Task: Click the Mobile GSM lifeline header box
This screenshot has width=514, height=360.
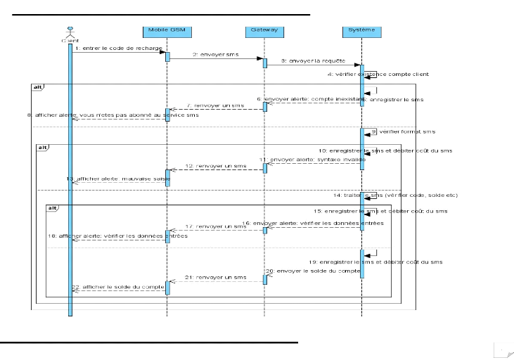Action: (x=167, y=31)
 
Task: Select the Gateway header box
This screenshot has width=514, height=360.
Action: (x=264, y=31)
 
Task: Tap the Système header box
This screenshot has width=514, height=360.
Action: (x=361, y=31)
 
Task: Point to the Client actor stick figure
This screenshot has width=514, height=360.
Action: (x=70, y=31)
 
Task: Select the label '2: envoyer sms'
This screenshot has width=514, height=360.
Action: (x=216, y=54)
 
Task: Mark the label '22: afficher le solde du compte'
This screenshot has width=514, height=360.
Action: (x=114, y=287)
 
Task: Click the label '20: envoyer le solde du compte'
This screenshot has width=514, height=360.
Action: (x=313, y=271)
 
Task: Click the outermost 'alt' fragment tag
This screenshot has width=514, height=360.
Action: (x=38, y=87)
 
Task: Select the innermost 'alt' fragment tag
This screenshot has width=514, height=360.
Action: (x=52, y=209)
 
